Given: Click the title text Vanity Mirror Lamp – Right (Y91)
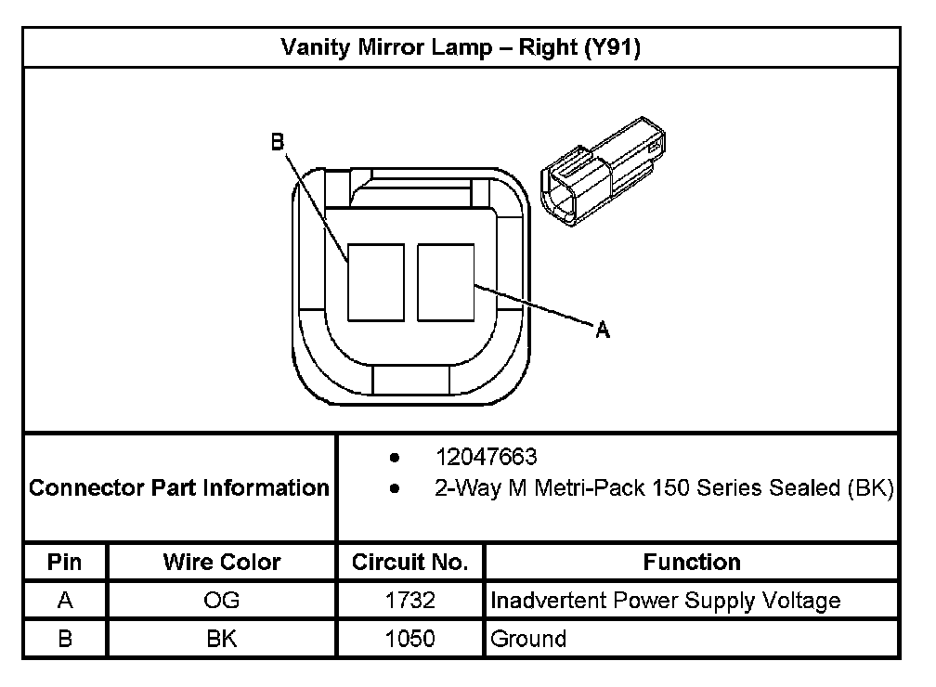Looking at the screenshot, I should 461,47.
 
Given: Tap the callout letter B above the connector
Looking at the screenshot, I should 277,142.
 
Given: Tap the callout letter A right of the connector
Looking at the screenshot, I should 603,329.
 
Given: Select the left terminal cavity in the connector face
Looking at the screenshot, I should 375,282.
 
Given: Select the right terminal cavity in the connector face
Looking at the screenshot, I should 446,282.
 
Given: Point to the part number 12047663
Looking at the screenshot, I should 487,458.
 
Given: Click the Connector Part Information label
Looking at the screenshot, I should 179,487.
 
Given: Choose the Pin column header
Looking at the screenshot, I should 64,562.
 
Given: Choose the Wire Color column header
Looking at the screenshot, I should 222,562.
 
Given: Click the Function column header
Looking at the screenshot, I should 692,562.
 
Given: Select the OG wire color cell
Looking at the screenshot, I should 222,601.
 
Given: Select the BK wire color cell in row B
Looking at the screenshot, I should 222,639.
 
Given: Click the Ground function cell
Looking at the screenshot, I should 528,639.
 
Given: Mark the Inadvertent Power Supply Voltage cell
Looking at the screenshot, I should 665,601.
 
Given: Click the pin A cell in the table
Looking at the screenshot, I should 64,601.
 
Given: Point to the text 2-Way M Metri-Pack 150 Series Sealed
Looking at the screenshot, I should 663,487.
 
